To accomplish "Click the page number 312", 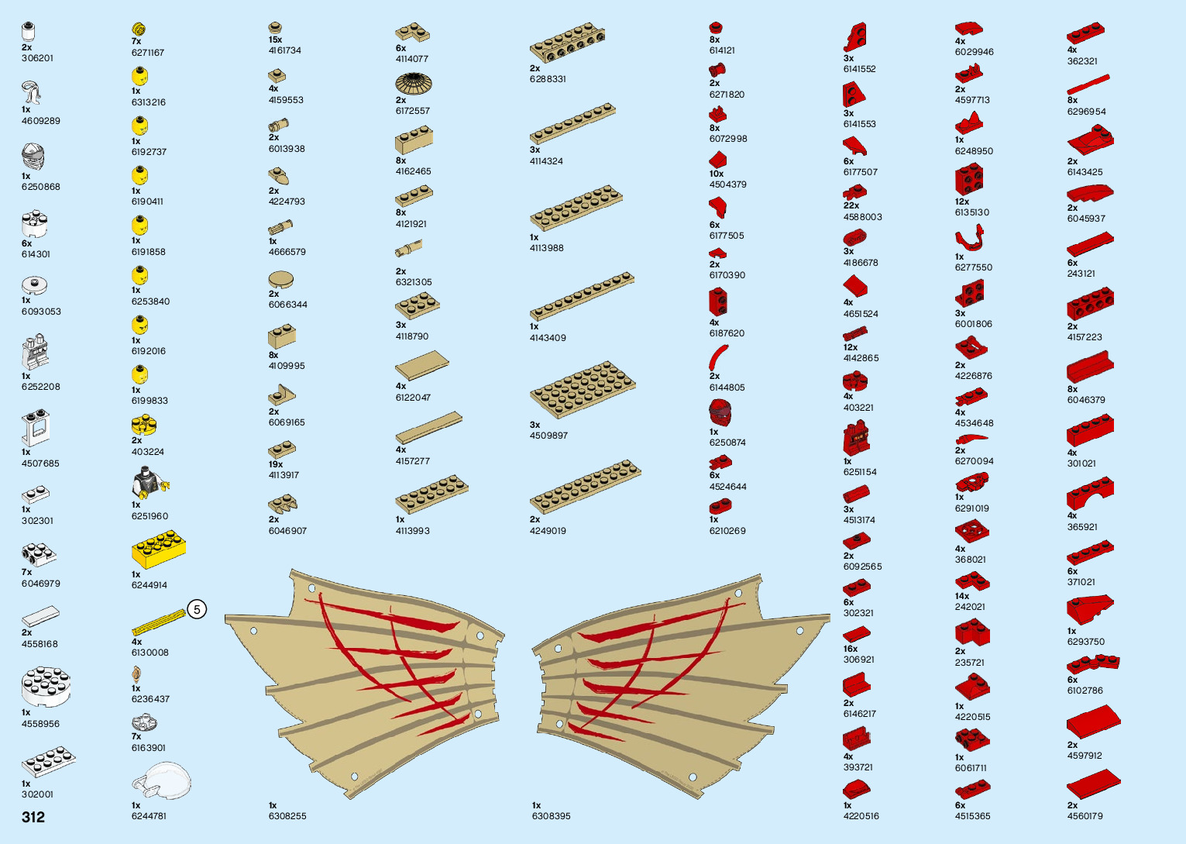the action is pos(33,817).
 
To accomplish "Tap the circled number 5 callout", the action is pos(197,610).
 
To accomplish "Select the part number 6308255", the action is pos(287,816).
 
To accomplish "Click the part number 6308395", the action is pos(551,816).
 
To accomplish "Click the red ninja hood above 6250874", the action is pos(720,412).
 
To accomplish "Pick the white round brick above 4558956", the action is pos(46,687).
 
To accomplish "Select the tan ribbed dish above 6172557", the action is pos(413,83).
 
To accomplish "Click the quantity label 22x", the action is pos(851,205).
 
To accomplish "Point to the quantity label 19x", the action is pos(276,464).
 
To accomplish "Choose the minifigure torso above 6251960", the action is pos(148,483).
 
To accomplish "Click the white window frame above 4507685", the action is pos(35,428).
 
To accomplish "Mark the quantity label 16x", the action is pos(851,649).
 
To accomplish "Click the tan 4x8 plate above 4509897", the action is pos(583,389).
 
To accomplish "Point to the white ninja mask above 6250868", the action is pos(33,157).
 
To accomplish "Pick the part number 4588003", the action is pos(862,217).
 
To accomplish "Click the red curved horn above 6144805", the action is pos(718,357).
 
